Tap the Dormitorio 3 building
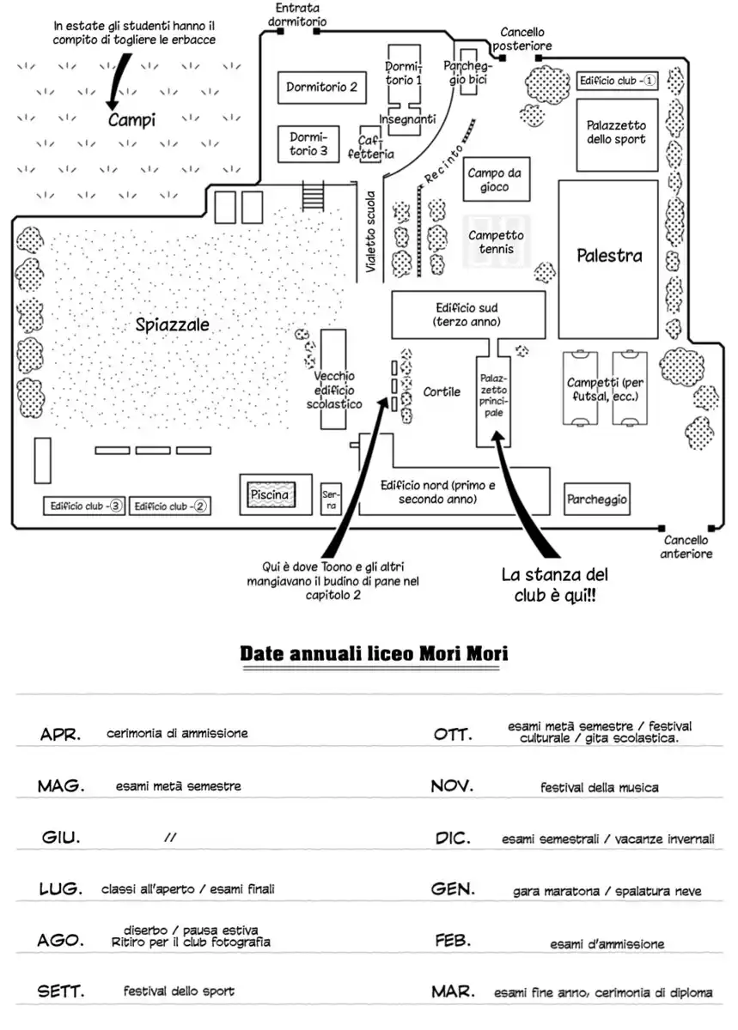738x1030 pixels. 308,143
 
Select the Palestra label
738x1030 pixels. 609,256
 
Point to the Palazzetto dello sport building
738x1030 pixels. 616,132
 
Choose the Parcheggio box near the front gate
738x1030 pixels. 597,499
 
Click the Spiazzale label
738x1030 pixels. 173,325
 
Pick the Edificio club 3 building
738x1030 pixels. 83,506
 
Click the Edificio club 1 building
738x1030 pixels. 617,81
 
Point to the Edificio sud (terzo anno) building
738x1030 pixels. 467,314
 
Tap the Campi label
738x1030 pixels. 131,121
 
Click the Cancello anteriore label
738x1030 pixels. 686,547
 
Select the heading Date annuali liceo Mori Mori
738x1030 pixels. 374,654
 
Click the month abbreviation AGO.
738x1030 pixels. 61,941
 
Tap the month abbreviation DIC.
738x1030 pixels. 453,839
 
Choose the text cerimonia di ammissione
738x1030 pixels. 177,734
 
